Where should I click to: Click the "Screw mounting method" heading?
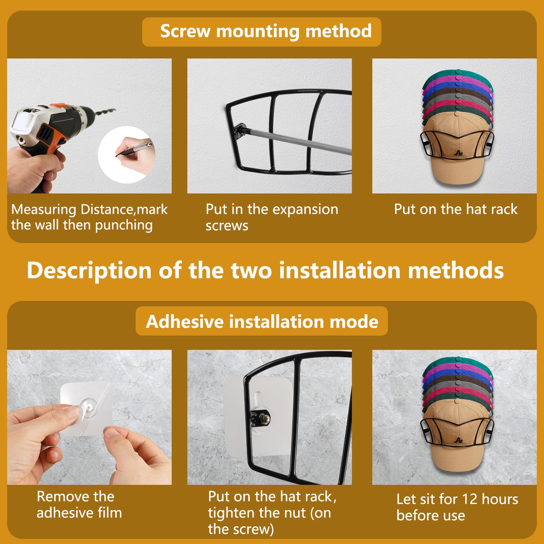coord(266,31)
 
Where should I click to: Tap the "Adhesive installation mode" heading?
coord(262,321)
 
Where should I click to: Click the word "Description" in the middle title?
coord(89,271)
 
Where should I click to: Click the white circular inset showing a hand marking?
coord(127,155)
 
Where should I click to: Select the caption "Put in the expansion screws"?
coord(272,217)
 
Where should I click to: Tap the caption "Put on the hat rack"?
coord(456,209)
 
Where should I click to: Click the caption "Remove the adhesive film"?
coord(79,505)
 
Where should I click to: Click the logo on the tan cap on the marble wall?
coord(458,440)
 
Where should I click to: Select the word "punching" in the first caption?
coord(124,225)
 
